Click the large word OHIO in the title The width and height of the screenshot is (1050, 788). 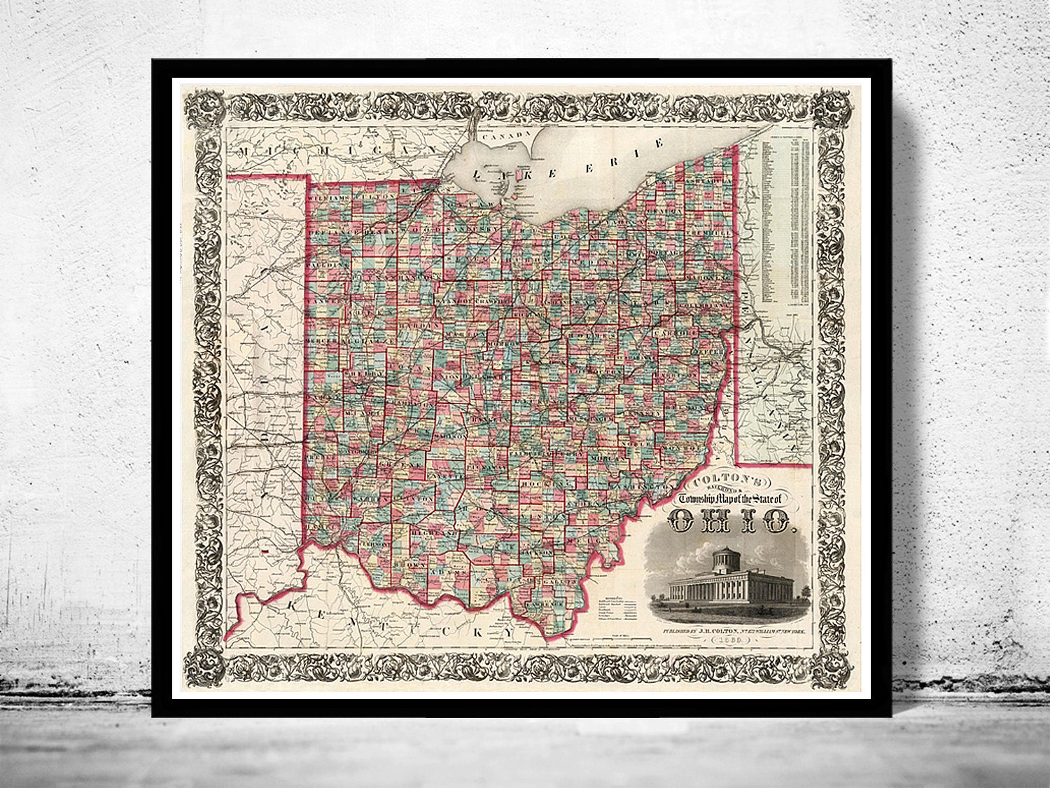pos(731,520)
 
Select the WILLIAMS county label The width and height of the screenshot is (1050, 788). pos(328,198)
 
